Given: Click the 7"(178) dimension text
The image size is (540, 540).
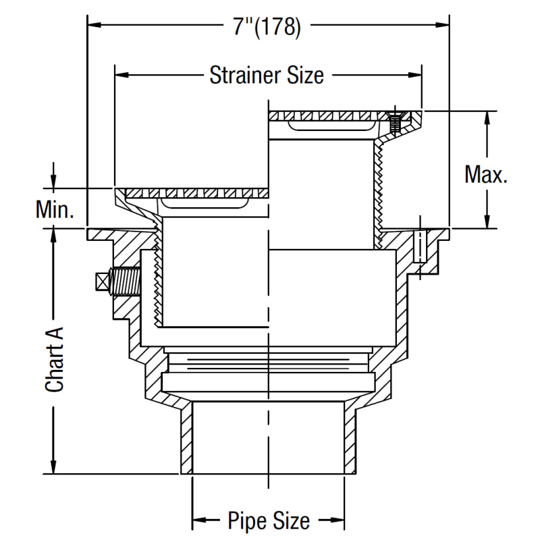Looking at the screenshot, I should point(267,26).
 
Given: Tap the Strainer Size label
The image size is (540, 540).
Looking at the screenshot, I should point(267,74).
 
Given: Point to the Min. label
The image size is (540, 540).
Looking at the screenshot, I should point(55,211).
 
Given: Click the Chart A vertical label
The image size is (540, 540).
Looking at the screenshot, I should point(55,358).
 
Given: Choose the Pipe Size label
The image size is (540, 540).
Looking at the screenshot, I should point(269,521).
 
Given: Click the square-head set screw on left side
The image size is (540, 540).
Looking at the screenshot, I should point(118,282).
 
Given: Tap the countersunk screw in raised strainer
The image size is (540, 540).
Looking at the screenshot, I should point(396,122).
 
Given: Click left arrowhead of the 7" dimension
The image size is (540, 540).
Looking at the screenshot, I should point(94,26).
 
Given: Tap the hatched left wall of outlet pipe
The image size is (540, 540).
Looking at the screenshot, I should point(186,439).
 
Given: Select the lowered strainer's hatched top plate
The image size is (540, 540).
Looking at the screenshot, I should point(196,193).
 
